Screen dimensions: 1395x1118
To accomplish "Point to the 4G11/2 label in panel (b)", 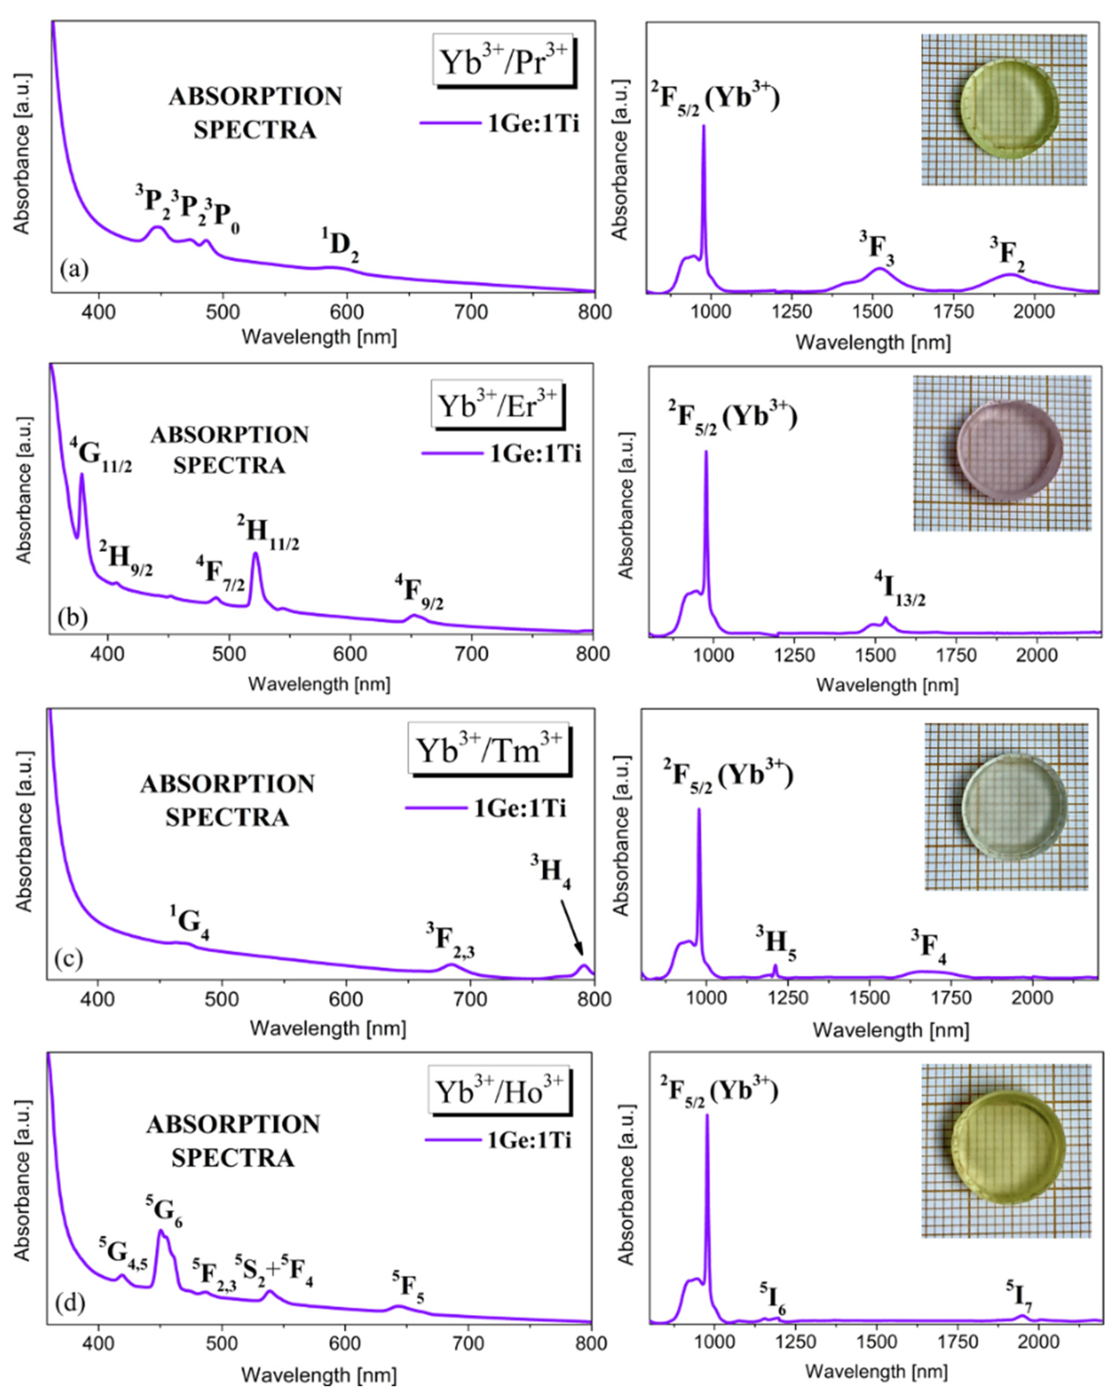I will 100,456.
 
